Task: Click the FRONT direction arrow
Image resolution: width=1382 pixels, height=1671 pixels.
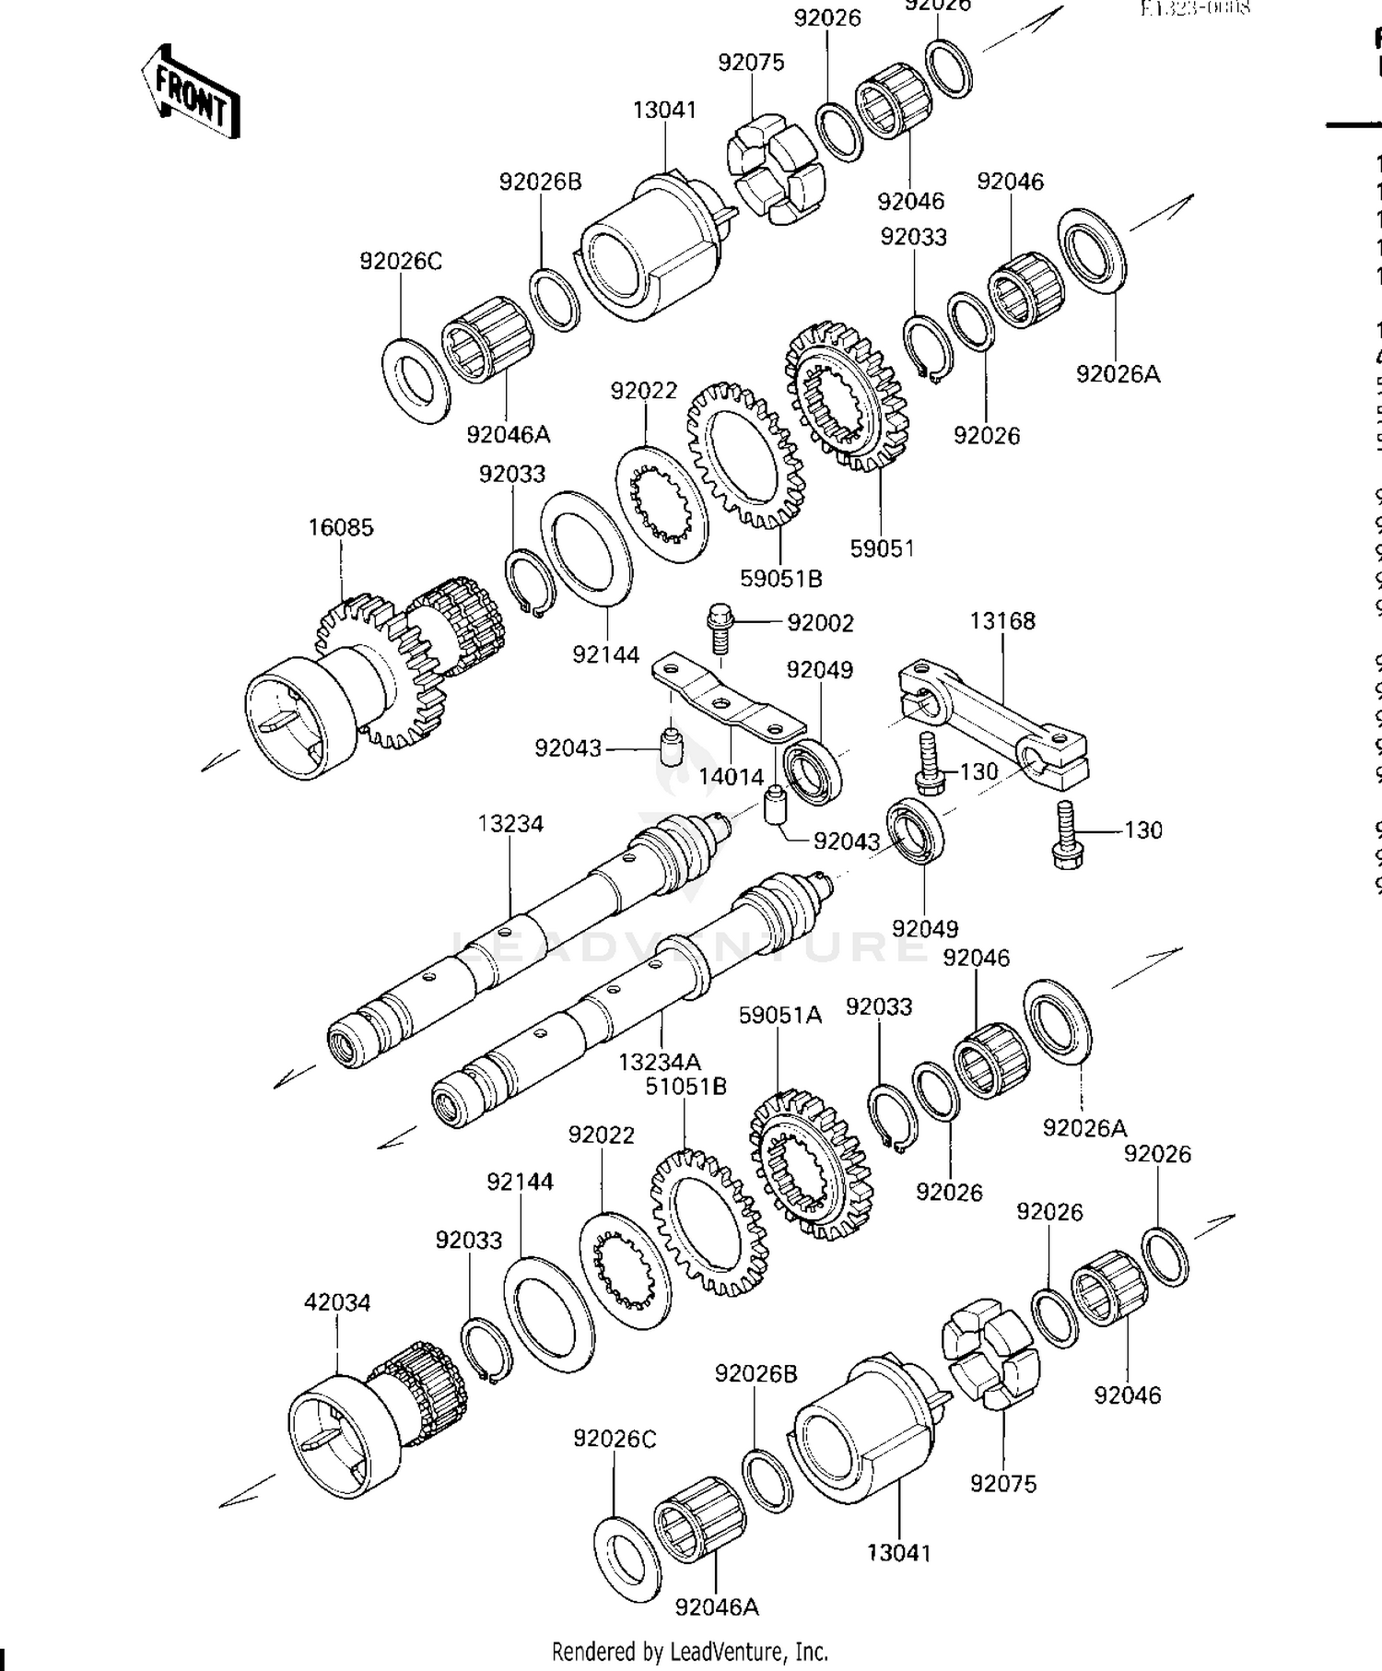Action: pyautogui.click(x=192, y=92)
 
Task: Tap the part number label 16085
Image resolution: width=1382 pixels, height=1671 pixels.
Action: pyautogui.click(x=341, y=528)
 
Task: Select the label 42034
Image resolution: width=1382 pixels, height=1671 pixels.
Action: pyautogui.click(x=337, y=1303)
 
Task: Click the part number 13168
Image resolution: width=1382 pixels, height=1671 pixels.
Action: pyautogui.click(x=1002, y=621)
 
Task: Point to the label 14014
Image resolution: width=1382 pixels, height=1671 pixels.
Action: pyautogui.click(x=731, y=777)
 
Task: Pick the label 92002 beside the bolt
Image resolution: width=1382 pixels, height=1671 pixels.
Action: pyautogui.click(x=820, y=623)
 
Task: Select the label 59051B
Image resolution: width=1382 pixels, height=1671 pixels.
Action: pyautogui.click(x=781, y=579)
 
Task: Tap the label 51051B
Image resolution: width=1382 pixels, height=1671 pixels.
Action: pyautogui.click(x=685, y=1087)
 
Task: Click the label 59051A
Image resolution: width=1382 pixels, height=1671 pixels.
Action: pyautogui.click(x=779, y=1016)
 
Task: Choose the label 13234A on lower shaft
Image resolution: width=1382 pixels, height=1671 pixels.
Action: pyautogui.click(x=660, y=1062)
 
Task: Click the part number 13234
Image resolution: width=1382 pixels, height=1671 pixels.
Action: pyautogui.click(x=510, y=824)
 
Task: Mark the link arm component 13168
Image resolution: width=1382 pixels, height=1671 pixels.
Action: pyautogui.click(x=995, y=719)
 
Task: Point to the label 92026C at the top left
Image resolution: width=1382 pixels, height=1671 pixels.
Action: pyautogui.click(x=401, y=262)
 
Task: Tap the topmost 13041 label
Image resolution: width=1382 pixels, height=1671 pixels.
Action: pyautogui.click(x=664, y=110)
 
